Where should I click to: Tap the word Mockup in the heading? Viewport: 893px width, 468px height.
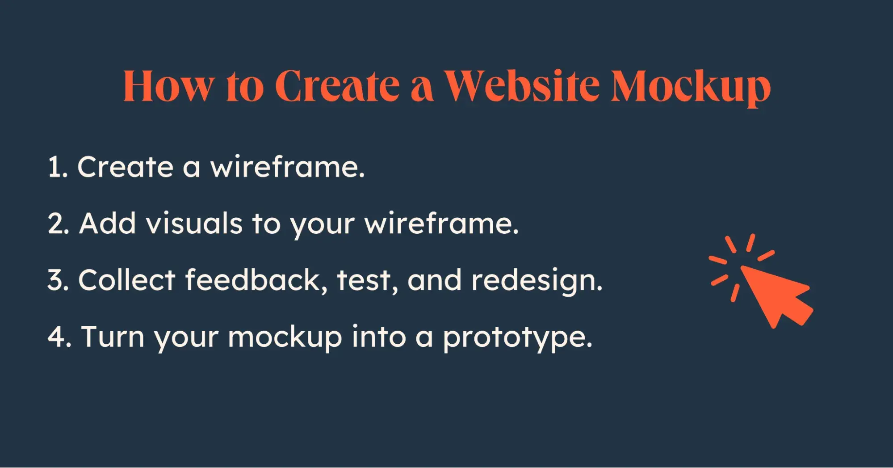(691, 88)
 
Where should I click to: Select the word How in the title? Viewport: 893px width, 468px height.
(168, 85)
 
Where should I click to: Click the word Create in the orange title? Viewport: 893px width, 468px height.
(337, 85)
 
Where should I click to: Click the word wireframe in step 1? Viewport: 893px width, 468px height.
(287, 167)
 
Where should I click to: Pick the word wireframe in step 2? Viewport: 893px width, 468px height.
(441, 223)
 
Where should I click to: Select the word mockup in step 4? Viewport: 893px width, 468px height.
(285, 337)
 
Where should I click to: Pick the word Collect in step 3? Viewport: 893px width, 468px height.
(127, 280)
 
